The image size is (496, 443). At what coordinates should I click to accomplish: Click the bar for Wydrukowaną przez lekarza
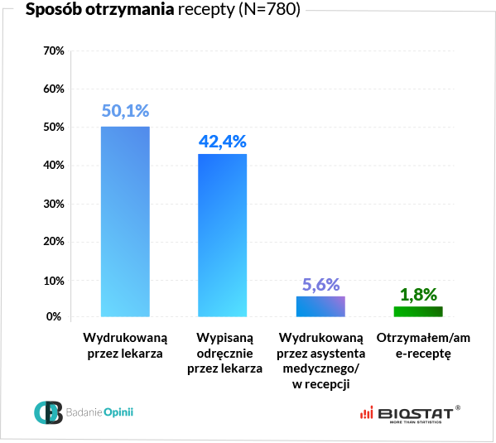pos(125,221)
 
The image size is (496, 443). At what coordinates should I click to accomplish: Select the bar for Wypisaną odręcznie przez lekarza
pos(223,235)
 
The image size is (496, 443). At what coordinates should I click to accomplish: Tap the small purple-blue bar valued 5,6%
pos(320,306)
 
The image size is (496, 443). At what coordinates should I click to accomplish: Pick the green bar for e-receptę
pos(418,311)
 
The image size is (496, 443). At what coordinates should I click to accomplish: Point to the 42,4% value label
pos(223,140)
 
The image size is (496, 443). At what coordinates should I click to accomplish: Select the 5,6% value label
pos(320,284)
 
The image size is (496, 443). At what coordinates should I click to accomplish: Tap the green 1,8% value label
pos(418,294)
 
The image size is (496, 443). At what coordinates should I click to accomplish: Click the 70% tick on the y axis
pos(53,51)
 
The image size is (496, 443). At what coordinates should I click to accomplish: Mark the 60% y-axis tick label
pos(53,89)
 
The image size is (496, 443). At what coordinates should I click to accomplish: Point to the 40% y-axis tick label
pos(53,166)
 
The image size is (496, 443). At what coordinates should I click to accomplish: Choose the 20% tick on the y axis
pos(53,243)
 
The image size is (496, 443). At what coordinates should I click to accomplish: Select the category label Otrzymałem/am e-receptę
pos(418,345)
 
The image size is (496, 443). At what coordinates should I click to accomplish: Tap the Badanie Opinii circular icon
pos(48,412)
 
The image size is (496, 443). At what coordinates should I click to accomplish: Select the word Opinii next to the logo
pos(118,412)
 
